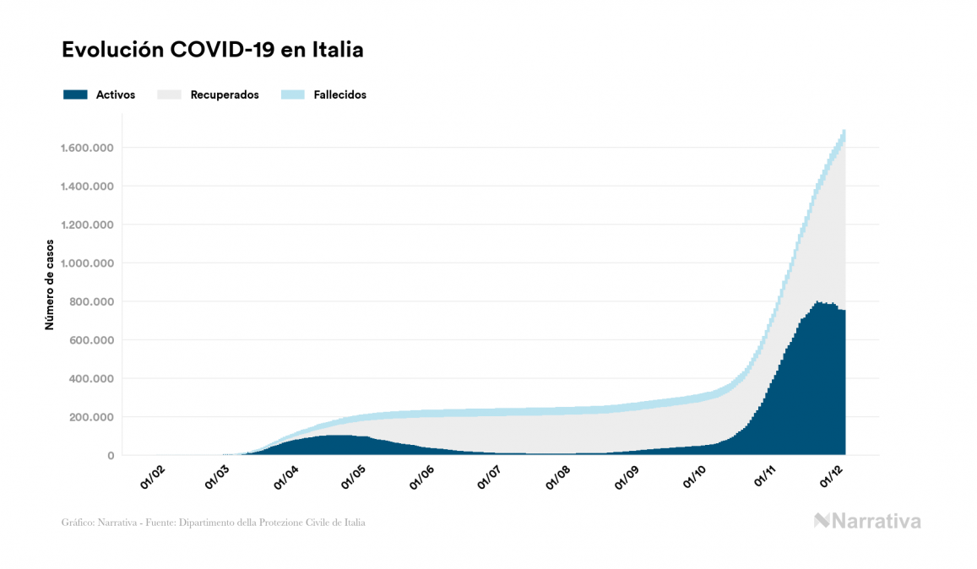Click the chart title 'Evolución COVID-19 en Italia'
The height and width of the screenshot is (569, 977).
(213, 50)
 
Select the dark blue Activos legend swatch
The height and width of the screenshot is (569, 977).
(75, 95)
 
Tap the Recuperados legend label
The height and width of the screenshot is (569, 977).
(225, 95)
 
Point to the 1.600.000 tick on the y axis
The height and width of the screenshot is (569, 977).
(87, 149)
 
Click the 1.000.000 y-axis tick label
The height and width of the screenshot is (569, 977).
(87, 263)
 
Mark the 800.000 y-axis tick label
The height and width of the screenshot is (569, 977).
(93, 302)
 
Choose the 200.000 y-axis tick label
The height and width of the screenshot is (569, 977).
(93, 417)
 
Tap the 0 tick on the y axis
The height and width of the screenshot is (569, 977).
(110, 456)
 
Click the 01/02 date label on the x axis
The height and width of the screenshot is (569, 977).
(152, 477)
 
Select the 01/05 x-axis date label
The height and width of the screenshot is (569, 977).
(352, 477)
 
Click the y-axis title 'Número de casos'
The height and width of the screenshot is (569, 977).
(50, 284)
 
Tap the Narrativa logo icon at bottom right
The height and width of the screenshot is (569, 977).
(822, 521)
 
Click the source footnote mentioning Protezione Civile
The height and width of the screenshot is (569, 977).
(214, 523)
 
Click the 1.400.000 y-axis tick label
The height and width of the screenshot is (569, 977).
(87, 187)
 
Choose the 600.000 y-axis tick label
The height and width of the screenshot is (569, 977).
(93, 340)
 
